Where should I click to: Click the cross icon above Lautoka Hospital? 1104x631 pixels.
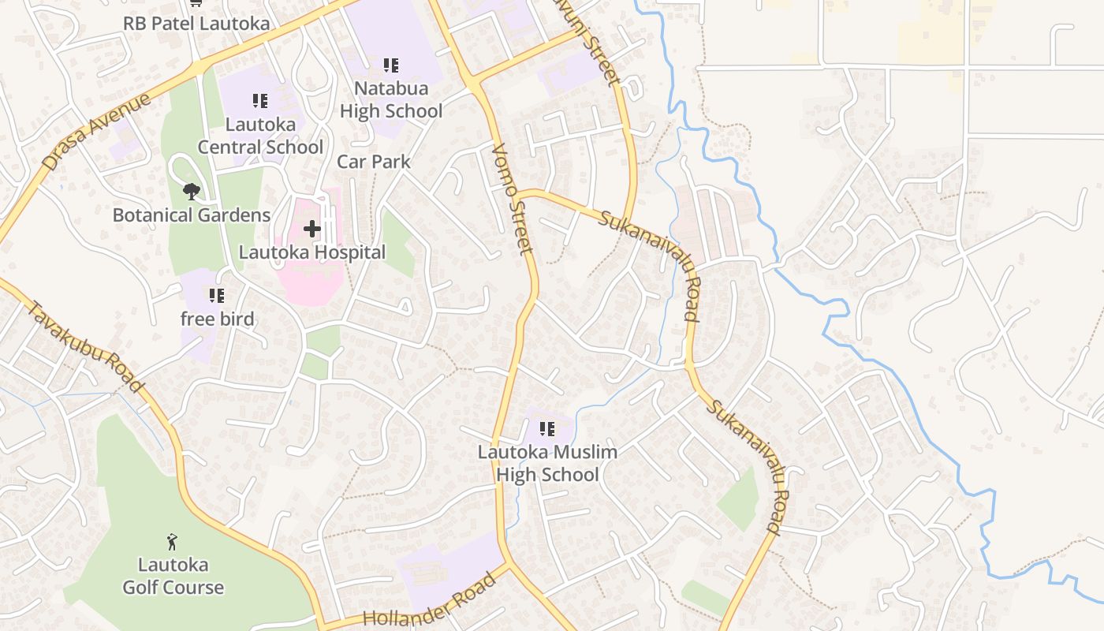[312, 230]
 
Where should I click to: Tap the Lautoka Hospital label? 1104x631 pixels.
[312, 252]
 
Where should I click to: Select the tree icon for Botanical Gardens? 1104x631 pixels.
[191, 192]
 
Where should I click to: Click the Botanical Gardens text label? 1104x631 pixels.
[191, 215]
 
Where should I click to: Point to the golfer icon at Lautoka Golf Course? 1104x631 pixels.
[173, 542]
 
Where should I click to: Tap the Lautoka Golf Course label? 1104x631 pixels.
[173, 577]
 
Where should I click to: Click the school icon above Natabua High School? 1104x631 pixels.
[390, 65]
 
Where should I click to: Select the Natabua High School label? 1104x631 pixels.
[390, 100]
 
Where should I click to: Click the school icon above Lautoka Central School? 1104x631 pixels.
[260, 101]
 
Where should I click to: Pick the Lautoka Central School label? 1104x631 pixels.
[260, 136]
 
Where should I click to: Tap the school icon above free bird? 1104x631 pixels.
[217, 296]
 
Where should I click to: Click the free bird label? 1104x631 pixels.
[217, 319]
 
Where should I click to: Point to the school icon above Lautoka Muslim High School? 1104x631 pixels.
[546, 429]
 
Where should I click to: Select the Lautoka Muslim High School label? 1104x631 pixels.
[546, 464]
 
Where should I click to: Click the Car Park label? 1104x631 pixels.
[374, 162]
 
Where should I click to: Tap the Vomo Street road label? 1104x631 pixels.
[513, 199]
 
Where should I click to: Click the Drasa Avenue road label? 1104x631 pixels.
[96, 132]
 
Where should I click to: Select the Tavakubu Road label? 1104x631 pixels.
[86, 346]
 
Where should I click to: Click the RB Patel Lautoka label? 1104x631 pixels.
[196, 24]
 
